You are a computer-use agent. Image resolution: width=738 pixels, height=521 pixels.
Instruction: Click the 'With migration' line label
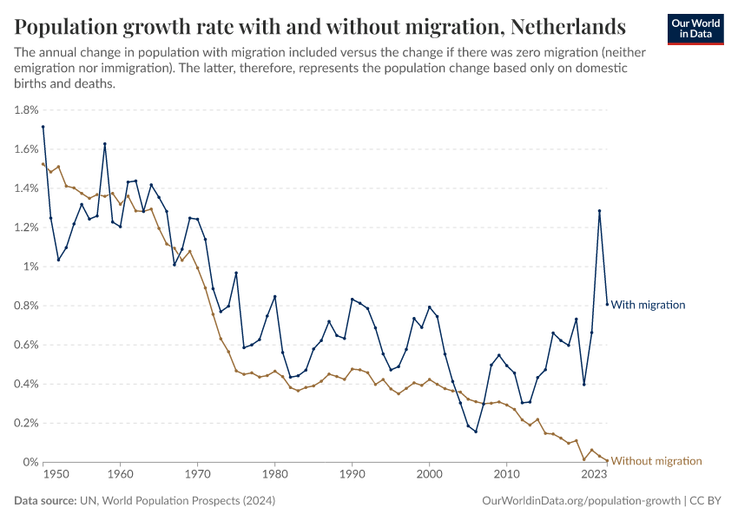pos(649,305)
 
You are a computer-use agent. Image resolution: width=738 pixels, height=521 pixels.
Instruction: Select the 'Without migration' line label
pos(656,461)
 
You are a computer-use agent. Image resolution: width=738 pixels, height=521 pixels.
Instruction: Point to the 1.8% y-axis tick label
pos(26,110)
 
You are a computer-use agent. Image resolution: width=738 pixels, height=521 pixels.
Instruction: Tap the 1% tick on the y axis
pos(31,267)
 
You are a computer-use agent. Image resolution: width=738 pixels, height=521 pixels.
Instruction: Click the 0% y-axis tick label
pos(31,462)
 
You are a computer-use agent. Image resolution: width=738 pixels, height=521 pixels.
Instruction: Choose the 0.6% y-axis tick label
pos(26,345)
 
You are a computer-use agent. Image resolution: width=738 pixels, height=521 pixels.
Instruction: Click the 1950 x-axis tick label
pos(56,475)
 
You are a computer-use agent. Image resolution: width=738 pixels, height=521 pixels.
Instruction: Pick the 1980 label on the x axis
pos(275,475)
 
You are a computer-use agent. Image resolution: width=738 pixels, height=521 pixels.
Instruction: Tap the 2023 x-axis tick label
pos(595,475)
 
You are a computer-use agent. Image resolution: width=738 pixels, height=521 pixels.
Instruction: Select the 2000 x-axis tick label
pos(430,475)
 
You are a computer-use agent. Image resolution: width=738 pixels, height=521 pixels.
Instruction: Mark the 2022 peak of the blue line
pos(599,211)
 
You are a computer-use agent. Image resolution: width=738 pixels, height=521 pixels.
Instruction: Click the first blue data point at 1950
pos(43,127)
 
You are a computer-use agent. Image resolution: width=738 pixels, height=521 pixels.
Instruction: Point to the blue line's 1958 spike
pos(105,144)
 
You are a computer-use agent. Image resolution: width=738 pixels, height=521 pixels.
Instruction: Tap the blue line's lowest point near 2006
pos(476,432)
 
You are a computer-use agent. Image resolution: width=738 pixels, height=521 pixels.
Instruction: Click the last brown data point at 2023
pos(607,460)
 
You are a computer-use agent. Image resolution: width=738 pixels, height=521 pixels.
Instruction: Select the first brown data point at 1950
pos(43,164)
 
